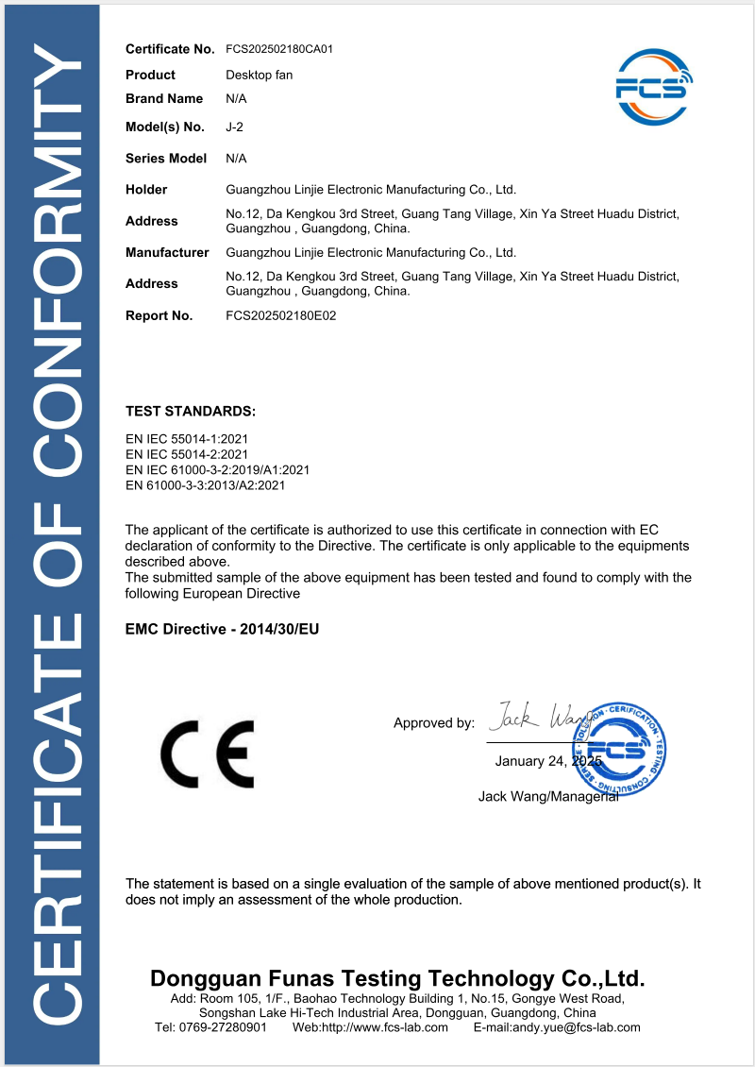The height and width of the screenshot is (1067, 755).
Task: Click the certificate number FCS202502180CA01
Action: click(x=279, y=48)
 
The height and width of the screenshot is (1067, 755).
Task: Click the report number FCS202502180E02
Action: click(x=281, y=315)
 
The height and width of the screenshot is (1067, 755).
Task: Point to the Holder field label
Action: click(x=146, y=190)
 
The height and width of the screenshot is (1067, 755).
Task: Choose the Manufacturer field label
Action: click(x=167, y=252)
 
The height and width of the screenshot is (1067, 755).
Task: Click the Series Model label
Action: click(x=166, y=159)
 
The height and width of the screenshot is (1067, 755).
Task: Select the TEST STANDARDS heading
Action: click(x=191, y=412)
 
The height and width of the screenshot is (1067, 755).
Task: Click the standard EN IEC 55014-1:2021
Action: click(x=187, y=439)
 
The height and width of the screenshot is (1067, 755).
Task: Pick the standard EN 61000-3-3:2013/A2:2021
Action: click(x=205, y=485)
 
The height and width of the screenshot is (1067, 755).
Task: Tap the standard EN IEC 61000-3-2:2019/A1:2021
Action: click(x=217, y=470)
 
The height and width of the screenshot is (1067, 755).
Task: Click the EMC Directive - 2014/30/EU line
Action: click(x=223, y=628)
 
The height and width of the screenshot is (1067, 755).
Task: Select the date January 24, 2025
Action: click(x=547, y=761)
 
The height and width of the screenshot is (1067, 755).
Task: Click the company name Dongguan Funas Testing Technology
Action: click(x=397, y=977)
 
